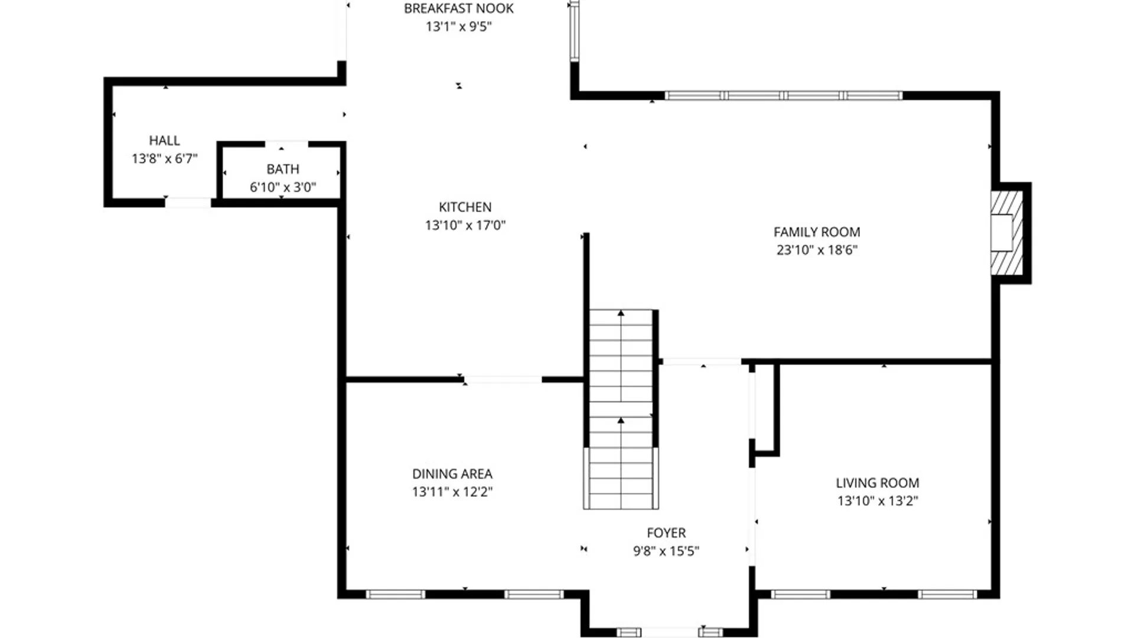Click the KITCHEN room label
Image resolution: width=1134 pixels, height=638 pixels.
[465, 207]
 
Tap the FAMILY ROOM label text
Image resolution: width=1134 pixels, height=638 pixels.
[816, 232]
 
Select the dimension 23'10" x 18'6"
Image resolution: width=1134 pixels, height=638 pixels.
[816, 250]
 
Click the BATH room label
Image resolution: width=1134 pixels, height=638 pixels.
[282, 169]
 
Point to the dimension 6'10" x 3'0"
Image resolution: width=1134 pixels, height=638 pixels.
[282, 187]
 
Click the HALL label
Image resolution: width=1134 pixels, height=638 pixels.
[164, 141]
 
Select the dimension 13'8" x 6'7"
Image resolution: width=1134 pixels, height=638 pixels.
[164, 158]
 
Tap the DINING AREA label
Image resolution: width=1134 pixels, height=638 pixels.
[452, 474]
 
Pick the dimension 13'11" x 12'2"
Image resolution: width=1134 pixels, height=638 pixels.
[452, 491]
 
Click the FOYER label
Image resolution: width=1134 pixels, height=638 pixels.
[666, 533]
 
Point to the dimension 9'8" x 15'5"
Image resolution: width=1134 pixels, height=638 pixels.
[666, 551]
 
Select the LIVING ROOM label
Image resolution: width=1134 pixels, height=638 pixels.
[877, 483]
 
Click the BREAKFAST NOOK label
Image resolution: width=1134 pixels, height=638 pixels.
[458, 8]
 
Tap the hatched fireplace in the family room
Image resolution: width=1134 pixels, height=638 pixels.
[1006, 233]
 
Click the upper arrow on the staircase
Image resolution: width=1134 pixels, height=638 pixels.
[621, 313]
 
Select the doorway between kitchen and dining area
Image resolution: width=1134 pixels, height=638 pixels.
[503, 380]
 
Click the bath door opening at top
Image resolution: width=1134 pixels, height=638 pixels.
[286, 144]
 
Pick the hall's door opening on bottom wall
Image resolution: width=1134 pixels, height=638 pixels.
[187, 203]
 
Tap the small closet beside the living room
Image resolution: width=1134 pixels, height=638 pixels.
[765, 408]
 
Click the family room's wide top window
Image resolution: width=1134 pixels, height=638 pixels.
[783, 95]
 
